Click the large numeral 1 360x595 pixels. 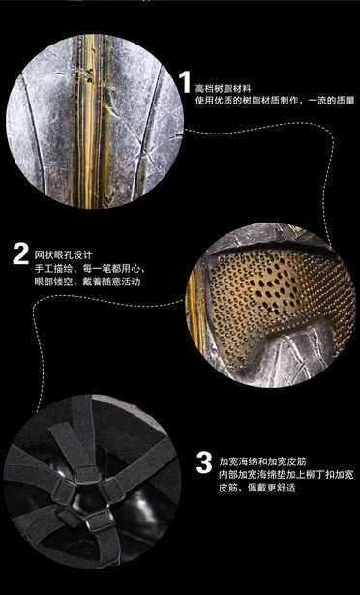tap(184, 80)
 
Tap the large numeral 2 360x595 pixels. tap(20, 254)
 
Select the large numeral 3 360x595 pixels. tap(203, 461)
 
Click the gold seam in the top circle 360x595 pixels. tap(96, 116)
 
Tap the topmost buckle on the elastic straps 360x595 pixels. tap(79, 449)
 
